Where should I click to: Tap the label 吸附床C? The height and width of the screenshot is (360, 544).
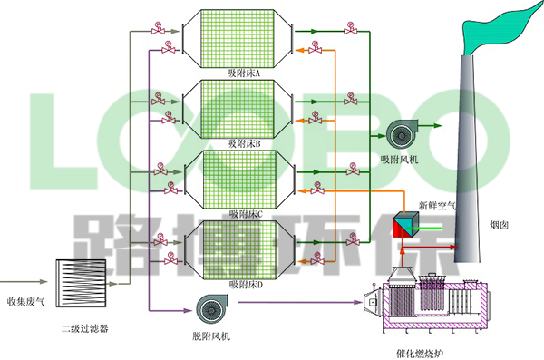coord(245,214)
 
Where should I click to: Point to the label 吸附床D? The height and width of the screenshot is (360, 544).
coord(245,285)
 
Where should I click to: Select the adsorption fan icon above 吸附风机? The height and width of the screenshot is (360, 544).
coord(398,135)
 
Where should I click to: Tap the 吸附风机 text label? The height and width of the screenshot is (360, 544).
coord(399,160)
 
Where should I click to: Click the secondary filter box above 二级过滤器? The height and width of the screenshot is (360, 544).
coord(83,283)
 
